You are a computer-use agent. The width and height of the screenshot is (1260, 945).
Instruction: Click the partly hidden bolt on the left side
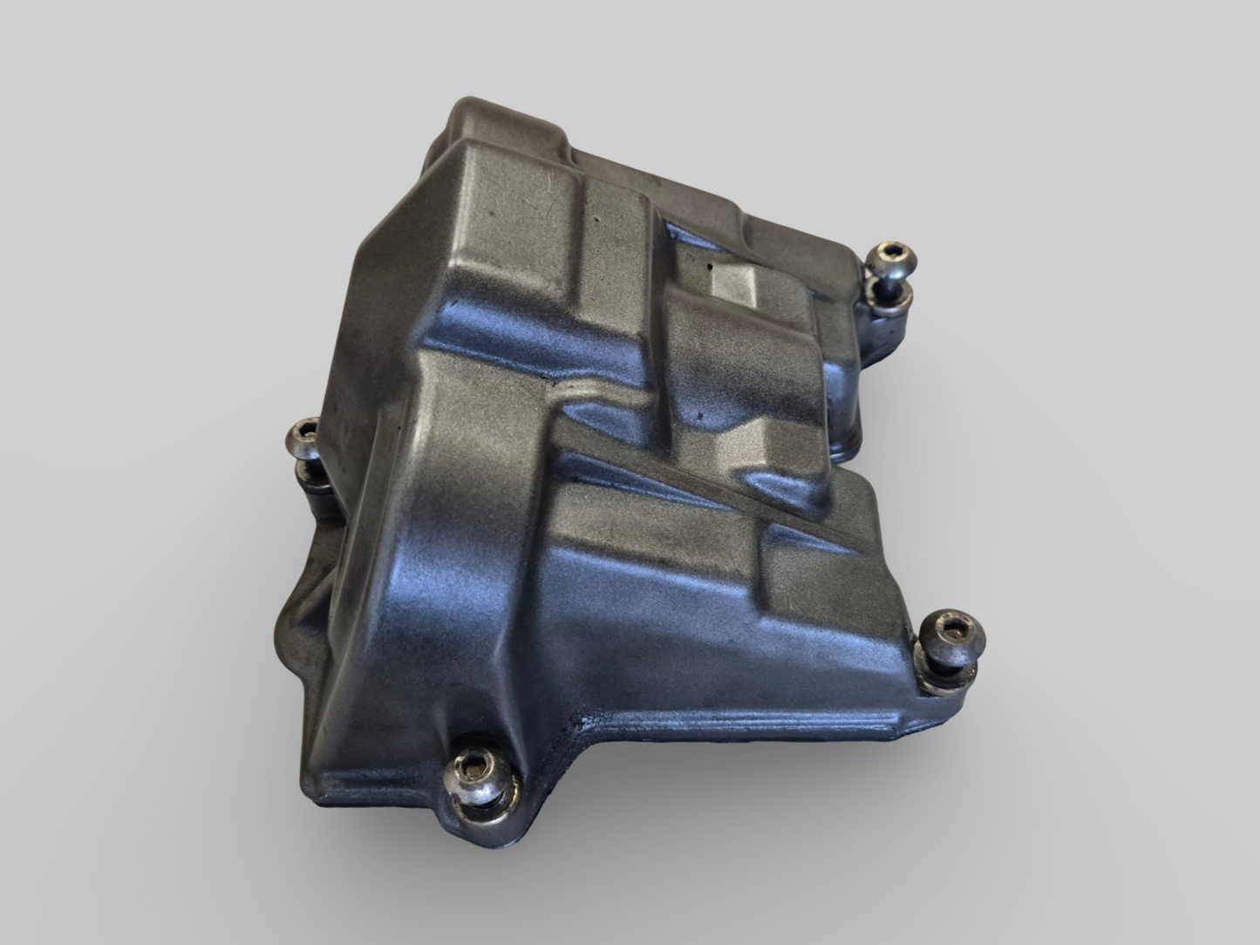[306, 436]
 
